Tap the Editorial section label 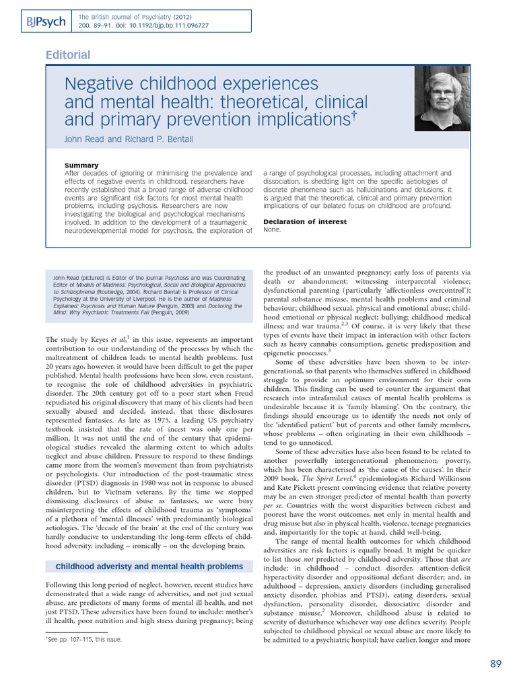67,55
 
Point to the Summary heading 81,165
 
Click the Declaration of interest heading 305,221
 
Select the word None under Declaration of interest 272,229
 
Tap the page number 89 496,663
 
